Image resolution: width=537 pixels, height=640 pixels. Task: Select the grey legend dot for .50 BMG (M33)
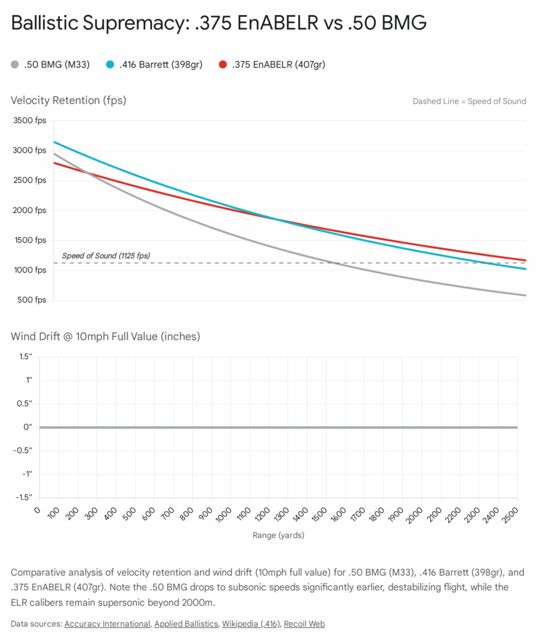(16, 64)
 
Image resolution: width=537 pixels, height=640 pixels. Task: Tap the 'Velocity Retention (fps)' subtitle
(69, 100)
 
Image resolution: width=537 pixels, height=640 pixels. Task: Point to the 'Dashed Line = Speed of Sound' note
(469, 101)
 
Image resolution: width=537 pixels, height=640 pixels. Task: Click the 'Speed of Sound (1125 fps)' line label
(106, 256)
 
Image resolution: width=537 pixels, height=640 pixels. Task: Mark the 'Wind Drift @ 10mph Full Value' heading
(105, 336)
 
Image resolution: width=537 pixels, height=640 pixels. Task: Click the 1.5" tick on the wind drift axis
(26, 356)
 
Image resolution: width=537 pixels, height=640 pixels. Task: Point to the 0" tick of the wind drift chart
(28, 427)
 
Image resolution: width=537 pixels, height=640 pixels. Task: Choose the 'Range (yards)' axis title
(278, 535)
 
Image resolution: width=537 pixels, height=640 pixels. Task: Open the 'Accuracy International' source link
(107, 623)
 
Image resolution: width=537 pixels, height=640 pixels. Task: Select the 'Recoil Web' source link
(304, 623)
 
